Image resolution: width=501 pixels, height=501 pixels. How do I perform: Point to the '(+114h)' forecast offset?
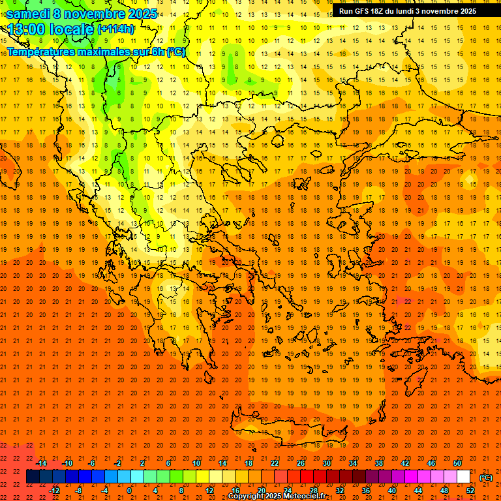115,29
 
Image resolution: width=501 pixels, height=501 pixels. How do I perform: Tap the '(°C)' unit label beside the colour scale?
486,478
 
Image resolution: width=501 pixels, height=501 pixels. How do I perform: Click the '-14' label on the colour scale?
41,463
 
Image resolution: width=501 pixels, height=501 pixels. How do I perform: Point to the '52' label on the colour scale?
470,491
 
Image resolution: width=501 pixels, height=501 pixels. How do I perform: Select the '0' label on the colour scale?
129,491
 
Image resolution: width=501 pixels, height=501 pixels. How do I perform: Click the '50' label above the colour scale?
457,463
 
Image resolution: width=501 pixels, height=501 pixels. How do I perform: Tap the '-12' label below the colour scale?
54,491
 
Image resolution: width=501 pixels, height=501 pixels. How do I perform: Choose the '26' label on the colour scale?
301,463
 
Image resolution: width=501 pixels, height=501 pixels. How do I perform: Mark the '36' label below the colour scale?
365,491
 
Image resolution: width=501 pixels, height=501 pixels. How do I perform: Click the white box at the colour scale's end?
464,477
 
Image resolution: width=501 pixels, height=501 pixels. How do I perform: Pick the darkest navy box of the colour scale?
33,477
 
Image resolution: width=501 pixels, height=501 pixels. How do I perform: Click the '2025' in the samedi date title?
140,14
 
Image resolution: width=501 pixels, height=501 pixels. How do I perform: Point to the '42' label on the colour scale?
405,463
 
